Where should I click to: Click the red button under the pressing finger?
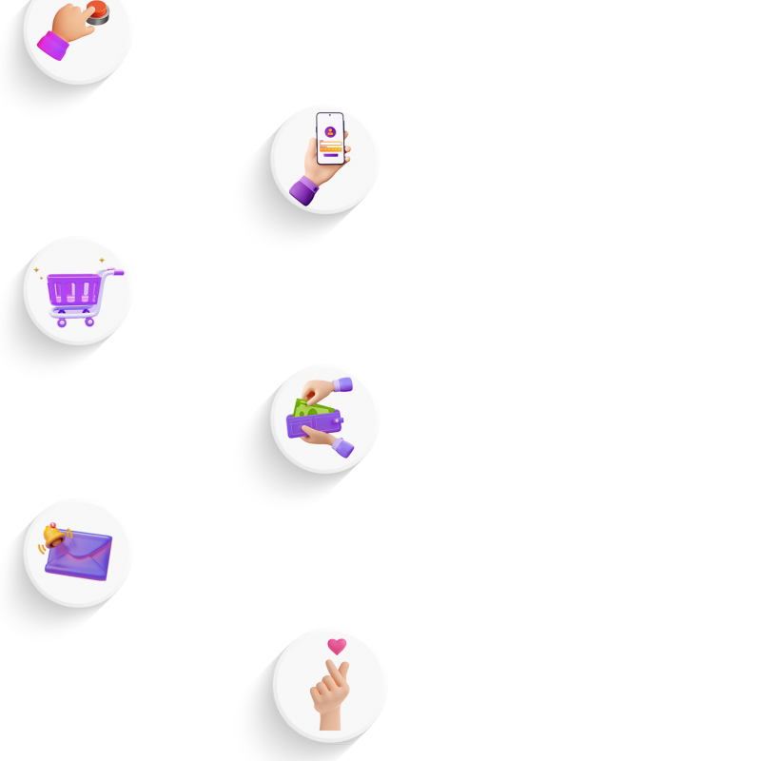point(97,11)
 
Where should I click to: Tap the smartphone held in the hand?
point(329,143)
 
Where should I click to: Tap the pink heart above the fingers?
point(336,647)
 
